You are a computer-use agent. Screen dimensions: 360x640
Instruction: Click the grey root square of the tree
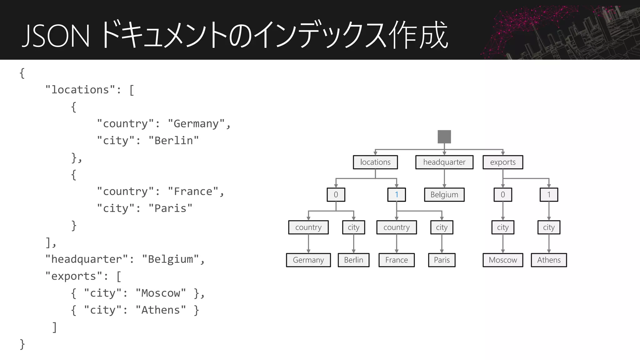[444, 137]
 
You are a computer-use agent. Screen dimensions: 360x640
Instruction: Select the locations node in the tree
[375, 162]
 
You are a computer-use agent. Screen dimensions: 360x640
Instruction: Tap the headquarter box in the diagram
[444, 162]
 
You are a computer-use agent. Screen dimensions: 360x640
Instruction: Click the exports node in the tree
[502, 162]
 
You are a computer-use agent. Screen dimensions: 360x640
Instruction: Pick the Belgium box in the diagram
[444, 195]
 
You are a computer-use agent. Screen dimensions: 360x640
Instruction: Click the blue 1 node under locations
[396, 195]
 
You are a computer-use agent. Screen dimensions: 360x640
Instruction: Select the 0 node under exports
[502, 195]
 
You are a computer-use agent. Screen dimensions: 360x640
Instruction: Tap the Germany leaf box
[308, 260]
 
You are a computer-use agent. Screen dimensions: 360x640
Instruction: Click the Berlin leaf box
[353, 260]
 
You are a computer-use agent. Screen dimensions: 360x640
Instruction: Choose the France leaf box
[396, 260]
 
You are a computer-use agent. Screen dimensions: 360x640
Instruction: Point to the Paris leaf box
[442, 260]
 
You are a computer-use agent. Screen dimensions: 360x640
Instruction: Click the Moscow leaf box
[502, 260]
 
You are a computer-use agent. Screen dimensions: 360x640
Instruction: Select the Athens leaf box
[548, 260]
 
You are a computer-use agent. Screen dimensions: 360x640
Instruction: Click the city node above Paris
[442, 227]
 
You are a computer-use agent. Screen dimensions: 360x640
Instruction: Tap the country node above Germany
[308, 227]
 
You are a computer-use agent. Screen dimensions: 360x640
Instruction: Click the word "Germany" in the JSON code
[196, 124]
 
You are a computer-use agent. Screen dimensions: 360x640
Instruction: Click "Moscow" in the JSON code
[161, 293]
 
